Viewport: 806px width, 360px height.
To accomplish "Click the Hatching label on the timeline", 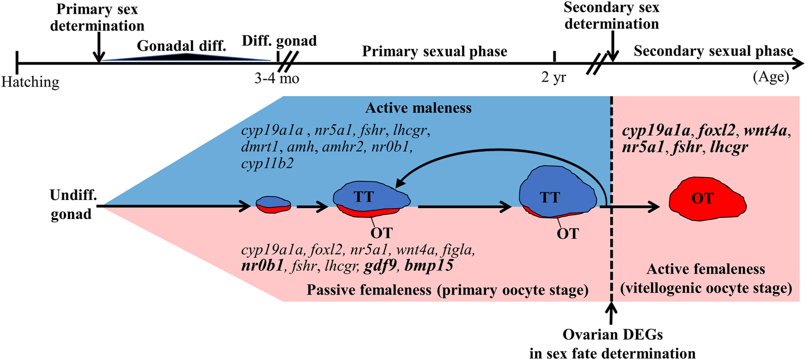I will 30,82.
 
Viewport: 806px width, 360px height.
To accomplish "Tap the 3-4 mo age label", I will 277,79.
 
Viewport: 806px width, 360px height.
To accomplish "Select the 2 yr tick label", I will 554,77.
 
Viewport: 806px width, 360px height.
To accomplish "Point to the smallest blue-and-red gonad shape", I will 273,204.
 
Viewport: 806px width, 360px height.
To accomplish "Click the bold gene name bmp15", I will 429,266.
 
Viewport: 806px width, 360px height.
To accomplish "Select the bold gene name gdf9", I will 380,266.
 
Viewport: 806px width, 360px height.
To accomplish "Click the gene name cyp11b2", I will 267,164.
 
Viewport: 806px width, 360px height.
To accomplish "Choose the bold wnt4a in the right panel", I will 765,131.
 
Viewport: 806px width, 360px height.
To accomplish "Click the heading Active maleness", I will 418,108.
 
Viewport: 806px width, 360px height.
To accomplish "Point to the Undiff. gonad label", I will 72,204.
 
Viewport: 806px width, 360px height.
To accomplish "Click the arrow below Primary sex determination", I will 99,48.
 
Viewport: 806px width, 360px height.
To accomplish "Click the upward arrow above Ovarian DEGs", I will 611,314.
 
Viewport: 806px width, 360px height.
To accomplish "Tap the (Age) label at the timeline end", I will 771,77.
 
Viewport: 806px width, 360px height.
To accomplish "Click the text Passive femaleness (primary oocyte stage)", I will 447,290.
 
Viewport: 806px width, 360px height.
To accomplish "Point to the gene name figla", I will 458,250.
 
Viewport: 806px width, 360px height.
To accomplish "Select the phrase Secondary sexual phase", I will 713,51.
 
